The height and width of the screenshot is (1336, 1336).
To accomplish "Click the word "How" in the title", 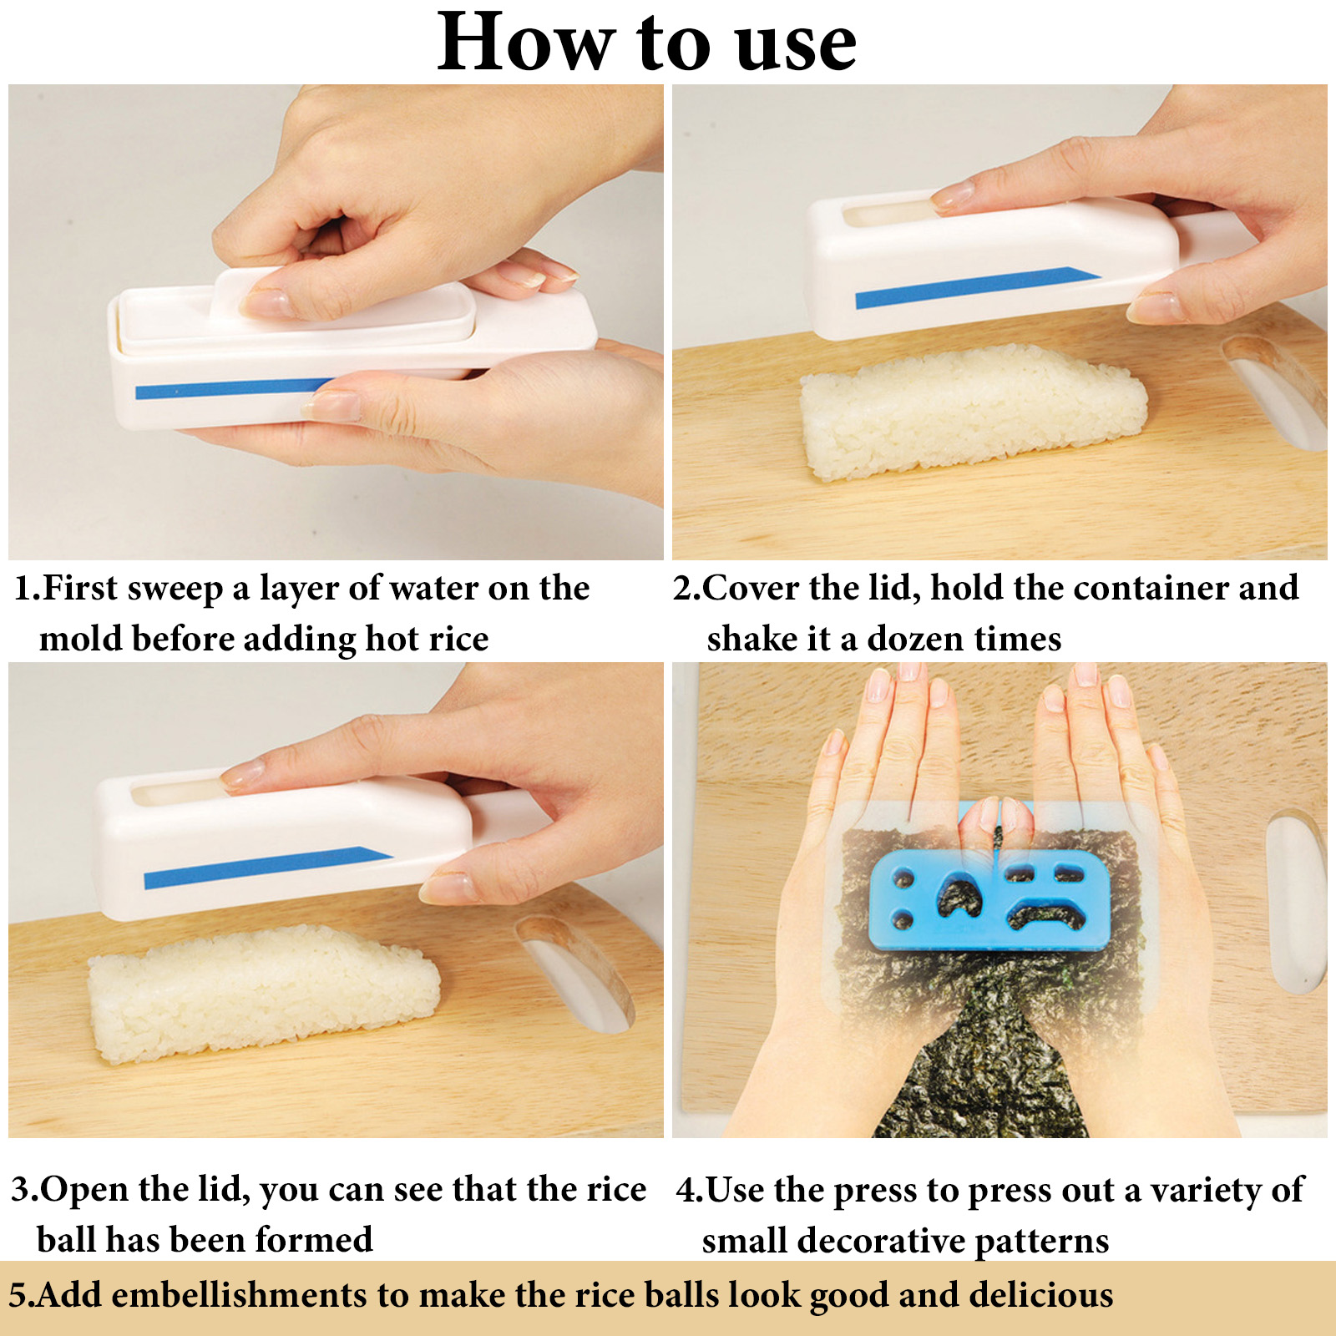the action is [x=527, y=42].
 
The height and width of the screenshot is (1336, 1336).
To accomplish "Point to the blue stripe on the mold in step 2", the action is [x=978, y=286].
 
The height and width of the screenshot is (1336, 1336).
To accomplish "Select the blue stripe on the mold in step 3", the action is [x=267, y=868].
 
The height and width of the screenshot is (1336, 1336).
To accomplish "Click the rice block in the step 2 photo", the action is [x=974, y=411].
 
